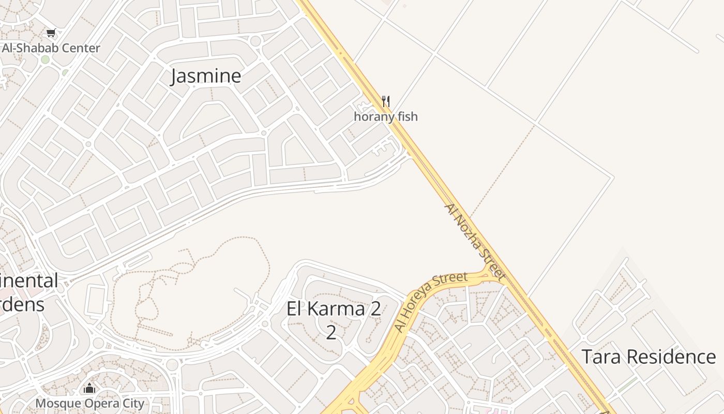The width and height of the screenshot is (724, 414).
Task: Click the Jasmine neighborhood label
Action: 206,76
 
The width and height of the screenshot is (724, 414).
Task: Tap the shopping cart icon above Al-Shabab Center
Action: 51,34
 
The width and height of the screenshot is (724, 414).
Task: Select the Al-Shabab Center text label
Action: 51,48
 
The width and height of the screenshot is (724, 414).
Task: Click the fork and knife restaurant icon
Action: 385,101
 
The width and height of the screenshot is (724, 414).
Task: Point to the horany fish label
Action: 385,116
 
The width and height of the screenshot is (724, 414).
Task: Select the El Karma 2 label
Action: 334,309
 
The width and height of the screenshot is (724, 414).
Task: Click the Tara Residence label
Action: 648,357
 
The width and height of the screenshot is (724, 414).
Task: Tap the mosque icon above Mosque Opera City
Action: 89,388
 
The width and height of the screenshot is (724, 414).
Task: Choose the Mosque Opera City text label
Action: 89,403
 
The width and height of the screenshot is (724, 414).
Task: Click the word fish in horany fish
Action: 407,116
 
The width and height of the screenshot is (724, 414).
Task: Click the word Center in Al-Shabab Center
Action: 80,48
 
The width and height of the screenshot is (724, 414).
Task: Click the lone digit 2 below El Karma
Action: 331,332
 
